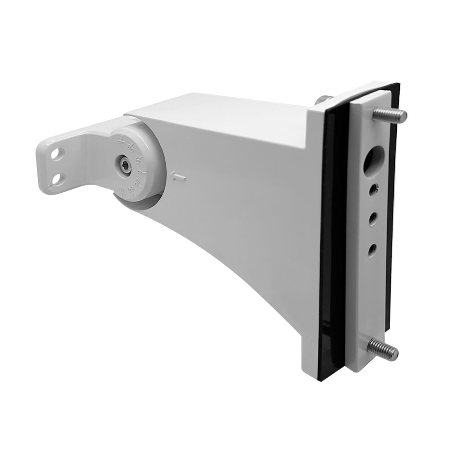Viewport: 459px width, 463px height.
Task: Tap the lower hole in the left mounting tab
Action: click(x=58, y=178)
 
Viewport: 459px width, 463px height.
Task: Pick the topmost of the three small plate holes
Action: click(x=373, y=190)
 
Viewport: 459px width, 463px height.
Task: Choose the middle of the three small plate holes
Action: click(x=373, y=218)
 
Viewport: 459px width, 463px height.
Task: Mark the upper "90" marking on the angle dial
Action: click(x=121, y=142)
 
